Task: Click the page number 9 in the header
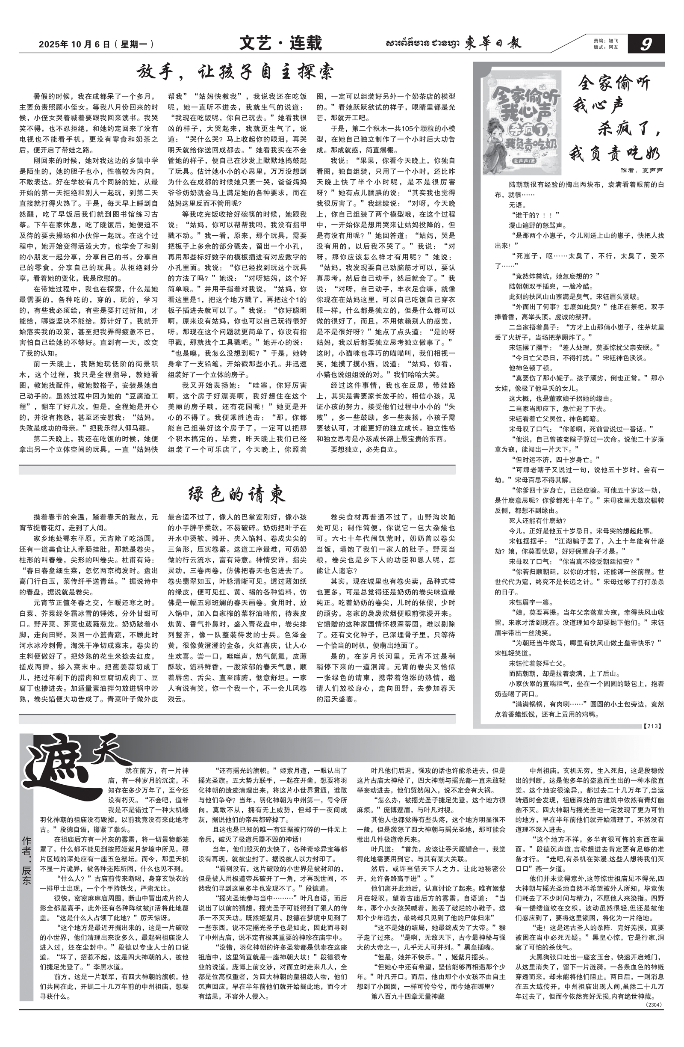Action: pyautogui.click(x=646, y=44)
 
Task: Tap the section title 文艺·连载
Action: pyautogui.click(x=280, y=43)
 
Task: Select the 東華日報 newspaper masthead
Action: pyautogui.click(x=493, y=44)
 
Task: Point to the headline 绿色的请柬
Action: pyautogui.click(x=236, y=495)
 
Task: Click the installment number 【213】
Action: pyautogui.click(x=652, y=726)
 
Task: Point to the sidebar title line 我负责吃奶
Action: pyautogui.click(x=616, y=154)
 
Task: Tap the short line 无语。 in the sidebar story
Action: pyautogui.click(x=517, y=205)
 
